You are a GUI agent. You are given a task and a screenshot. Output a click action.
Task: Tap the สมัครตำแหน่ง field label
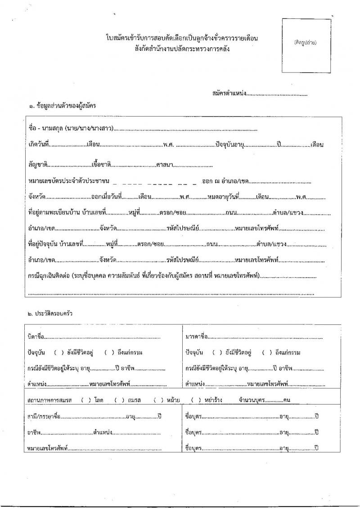coord(229,94)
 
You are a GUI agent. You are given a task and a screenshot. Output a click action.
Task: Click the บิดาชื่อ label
coord(36,336)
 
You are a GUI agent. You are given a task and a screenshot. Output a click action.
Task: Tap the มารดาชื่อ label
coord(197,336)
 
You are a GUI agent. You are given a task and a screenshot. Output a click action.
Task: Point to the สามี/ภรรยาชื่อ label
coord(43,416)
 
